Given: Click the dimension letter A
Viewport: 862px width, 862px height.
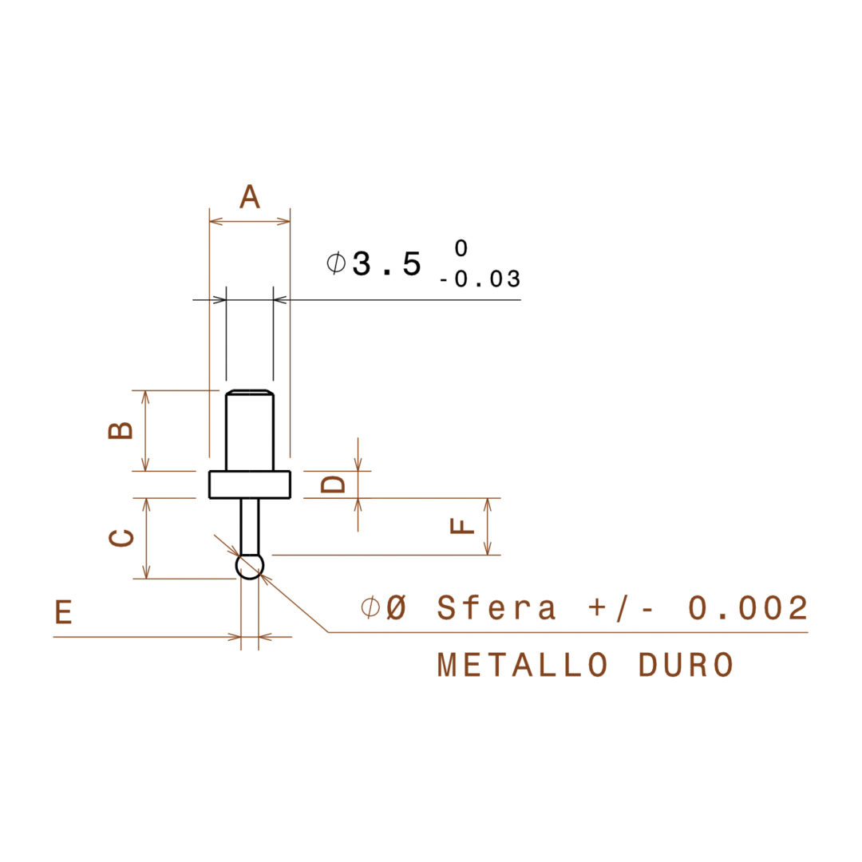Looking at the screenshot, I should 250,196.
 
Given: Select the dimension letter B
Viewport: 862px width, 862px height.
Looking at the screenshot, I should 121,430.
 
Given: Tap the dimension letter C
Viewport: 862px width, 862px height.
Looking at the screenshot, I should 121,539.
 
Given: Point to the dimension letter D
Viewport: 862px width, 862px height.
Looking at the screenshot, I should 334,484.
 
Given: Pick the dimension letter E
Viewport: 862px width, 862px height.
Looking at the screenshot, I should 64,612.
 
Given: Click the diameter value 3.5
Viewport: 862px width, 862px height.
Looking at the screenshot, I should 386,264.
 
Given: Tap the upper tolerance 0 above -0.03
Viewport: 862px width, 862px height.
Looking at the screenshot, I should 461,249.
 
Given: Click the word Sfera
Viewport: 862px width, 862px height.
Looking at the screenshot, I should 496,608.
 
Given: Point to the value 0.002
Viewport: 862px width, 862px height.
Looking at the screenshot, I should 749,608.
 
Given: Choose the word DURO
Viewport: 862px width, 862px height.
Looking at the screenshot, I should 686,665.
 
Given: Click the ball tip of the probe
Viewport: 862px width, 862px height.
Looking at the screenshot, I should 250,567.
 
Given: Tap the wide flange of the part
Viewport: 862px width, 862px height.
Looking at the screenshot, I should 250,484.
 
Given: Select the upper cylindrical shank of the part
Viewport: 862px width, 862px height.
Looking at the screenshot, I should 250,431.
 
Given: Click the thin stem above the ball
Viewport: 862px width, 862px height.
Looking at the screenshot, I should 250,526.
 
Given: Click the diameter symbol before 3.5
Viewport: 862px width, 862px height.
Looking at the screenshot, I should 336,263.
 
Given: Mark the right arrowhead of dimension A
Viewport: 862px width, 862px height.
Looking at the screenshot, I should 284,221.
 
